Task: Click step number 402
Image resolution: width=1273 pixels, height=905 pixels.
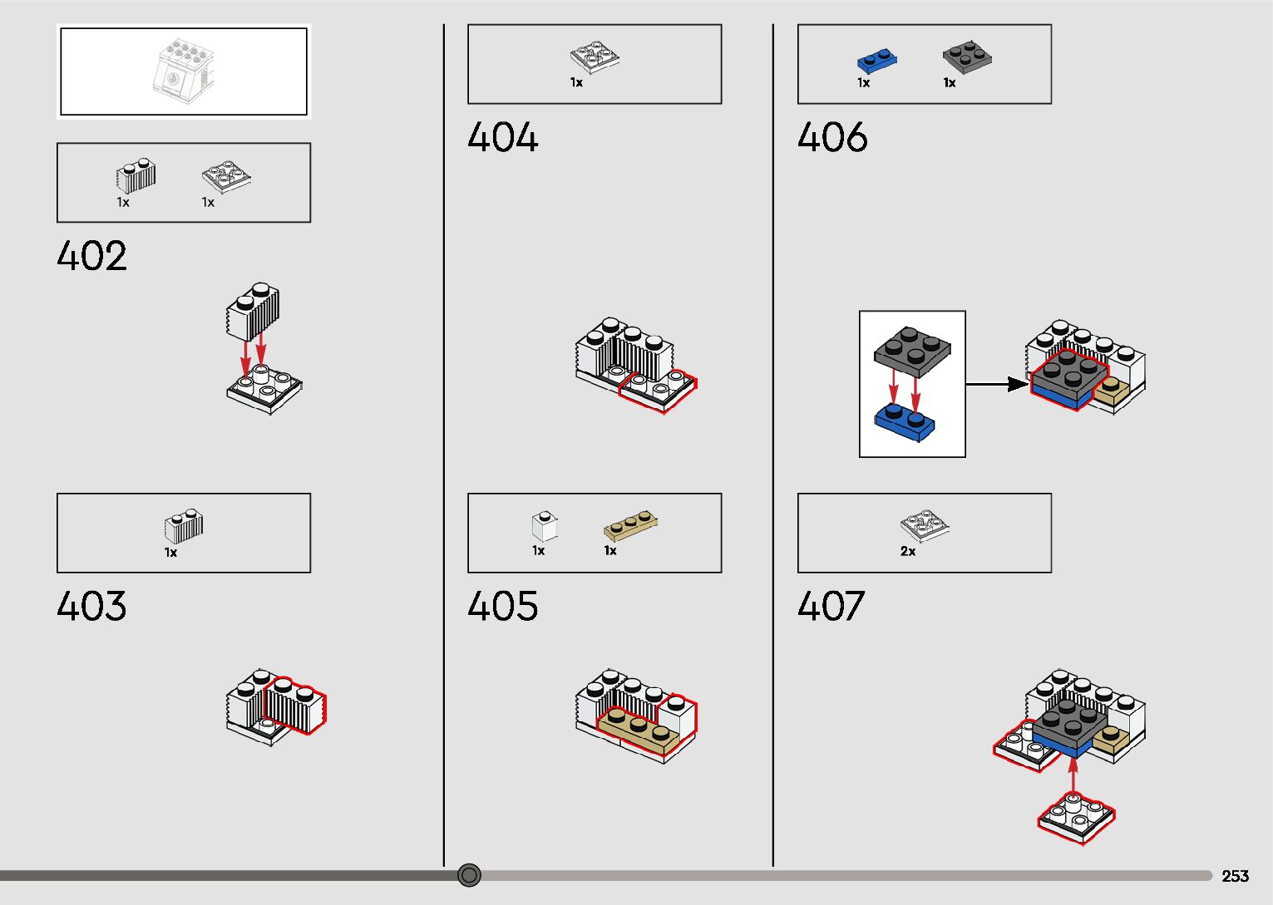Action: tap(91, 256)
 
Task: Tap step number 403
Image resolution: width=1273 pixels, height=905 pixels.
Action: tap(91, 607)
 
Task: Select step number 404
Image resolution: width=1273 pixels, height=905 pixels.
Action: tap(502, 137)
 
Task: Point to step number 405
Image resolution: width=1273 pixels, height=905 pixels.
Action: tap(502, 607)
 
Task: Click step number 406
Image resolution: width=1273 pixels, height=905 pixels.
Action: tap(832, 137)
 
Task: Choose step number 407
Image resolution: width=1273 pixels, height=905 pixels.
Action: tap(831, 607)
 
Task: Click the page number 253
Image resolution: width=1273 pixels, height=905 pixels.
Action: tap(1235, 876)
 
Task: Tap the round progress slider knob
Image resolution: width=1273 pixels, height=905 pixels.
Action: tap(470, 875)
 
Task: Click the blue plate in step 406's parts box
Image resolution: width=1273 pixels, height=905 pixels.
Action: tap(876, 61)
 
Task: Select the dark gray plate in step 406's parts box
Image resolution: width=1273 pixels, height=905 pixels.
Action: tap(967, 57)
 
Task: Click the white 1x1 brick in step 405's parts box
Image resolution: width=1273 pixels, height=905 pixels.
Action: tap(544, 526)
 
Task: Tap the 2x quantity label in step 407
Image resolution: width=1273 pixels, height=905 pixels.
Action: tap(908, 551)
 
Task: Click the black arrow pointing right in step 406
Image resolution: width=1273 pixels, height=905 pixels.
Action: tap(998, 384)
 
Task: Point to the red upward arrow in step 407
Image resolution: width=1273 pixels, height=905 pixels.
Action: tap(1073, 775)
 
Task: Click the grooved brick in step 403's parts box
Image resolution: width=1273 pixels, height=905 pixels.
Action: tap(184, 526)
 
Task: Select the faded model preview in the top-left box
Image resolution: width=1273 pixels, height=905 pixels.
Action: tap(184, 71)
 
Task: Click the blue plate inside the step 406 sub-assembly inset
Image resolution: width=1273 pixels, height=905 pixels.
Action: tap(905, 420)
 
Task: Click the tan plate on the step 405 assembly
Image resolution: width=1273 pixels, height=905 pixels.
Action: tap(638, 731)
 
